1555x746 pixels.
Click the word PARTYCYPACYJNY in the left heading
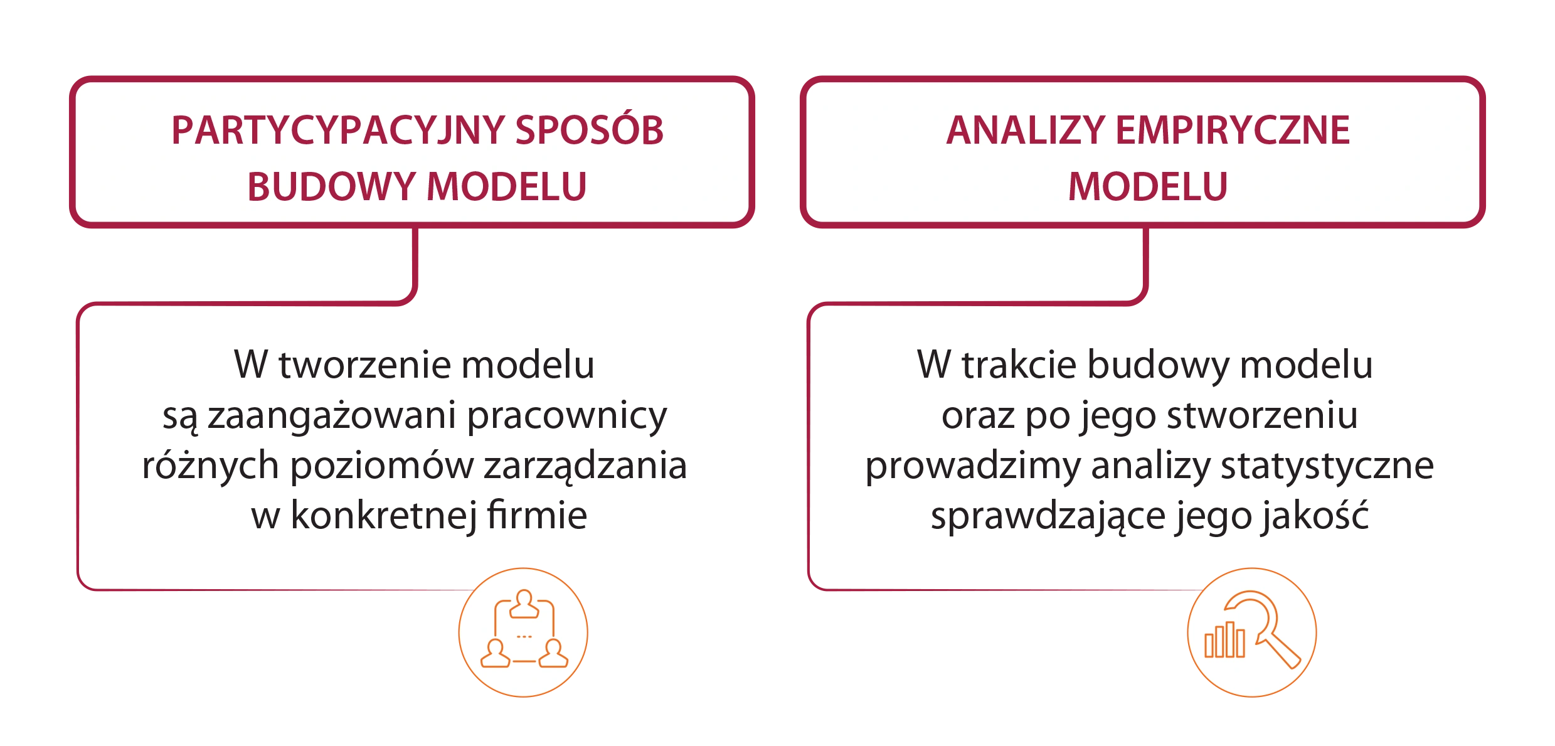(338, 131)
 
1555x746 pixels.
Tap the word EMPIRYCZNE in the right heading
(1233, 131)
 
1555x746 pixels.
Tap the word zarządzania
(585, 467)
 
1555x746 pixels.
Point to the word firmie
(537, 516)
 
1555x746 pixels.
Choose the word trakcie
(1019, 365)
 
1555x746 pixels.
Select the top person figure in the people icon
(524, 604)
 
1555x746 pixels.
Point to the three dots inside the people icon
(524, 636)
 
